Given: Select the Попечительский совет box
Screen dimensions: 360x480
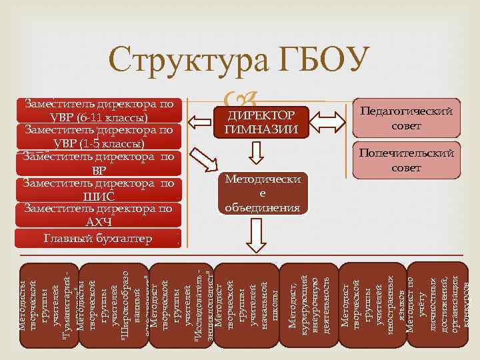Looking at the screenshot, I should click(407, 160).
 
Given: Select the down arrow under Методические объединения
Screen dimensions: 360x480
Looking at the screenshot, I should click(255, 234).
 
